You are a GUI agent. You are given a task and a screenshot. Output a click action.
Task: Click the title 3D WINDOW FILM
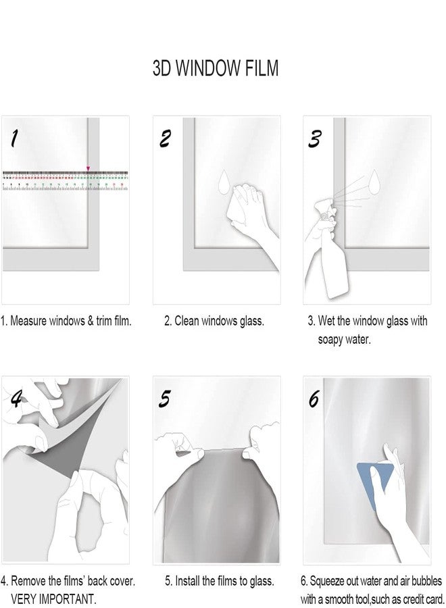[216, 69]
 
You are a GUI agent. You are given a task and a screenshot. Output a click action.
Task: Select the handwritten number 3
[314, 138]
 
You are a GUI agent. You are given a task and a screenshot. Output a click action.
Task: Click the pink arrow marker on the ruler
[87, 168]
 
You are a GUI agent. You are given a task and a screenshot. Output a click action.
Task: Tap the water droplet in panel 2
[224, 182]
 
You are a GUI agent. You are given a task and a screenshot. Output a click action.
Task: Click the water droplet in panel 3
[372, 182]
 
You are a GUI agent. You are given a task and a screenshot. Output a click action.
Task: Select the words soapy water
[344, 339]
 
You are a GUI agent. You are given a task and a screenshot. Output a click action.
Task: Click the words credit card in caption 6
[420, 599]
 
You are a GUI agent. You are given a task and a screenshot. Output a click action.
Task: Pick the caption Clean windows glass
[214, 322]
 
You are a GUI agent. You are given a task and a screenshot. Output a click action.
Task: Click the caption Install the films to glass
[220, 580]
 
